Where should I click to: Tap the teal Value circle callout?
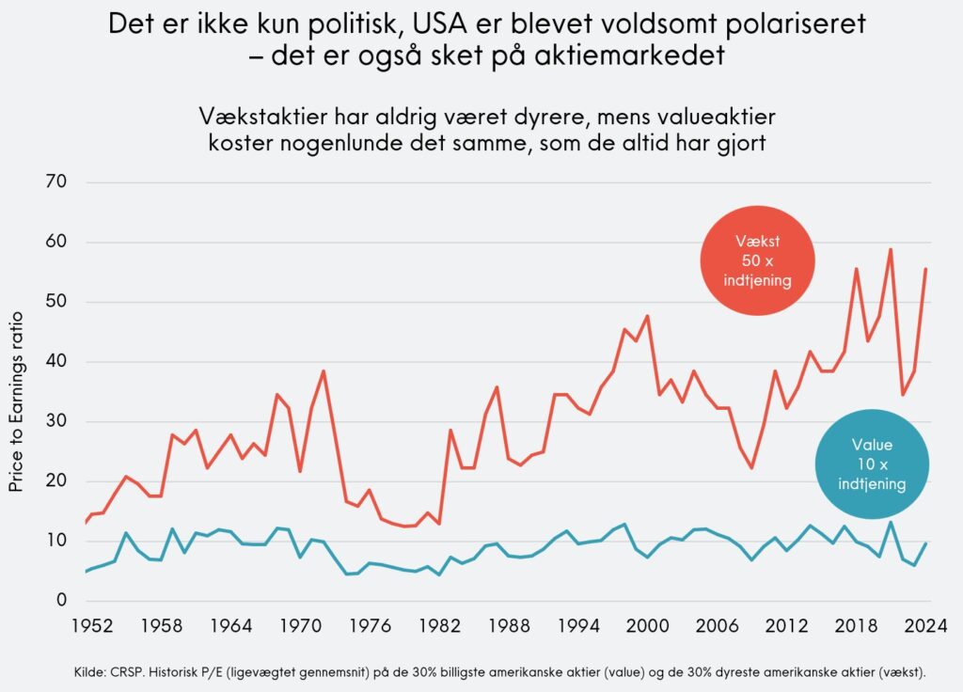[872, 463]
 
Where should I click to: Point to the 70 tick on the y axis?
[58, 181]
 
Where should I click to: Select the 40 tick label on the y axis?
[58, 361]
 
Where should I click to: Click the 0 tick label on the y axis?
[63, 601]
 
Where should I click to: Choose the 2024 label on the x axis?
[925, 623]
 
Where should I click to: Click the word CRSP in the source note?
[131, 672]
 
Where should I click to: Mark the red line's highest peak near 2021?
[890, 249]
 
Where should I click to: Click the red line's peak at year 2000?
[647, 316]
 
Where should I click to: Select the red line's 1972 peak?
[324, 370]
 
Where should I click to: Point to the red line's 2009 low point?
[751, 467]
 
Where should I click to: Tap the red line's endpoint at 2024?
[925, 269]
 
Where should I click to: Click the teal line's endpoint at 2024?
[925, 543]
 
